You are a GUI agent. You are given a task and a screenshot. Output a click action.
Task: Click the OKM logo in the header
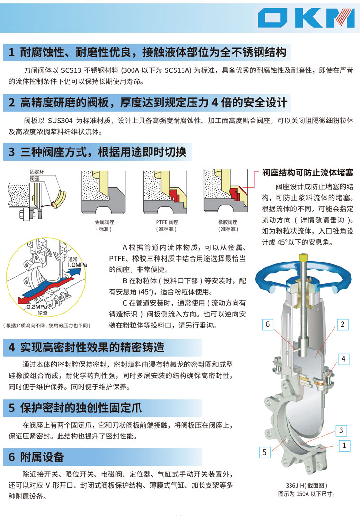coord(307,18)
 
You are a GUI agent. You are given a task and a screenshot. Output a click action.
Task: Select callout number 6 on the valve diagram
coord(268,324)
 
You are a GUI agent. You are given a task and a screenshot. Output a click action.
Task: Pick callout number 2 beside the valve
coord(342,324)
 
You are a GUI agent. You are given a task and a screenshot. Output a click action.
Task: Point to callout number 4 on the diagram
coord(343,359)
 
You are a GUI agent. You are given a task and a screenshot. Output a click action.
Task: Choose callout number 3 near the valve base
coord(341,430)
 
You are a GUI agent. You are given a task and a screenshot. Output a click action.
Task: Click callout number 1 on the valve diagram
coord(344,446)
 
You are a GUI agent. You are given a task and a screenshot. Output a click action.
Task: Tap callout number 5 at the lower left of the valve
coord(264,452)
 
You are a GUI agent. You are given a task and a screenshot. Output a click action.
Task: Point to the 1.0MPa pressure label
coord(77,265)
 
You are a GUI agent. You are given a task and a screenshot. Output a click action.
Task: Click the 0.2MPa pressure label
coord(37,306)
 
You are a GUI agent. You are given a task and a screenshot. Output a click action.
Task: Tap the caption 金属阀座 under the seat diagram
coord(105,222)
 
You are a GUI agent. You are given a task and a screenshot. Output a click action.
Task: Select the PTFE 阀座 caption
coord(167,222)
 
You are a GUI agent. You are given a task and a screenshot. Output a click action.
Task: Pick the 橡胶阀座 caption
coord(228,222)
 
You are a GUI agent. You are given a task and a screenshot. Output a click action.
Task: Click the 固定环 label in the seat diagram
coord(37,172)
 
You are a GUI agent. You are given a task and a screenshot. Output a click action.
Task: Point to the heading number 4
coord(12,348)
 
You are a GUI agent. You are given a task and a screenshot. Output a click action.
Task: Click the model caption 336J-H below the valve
coord(307,485)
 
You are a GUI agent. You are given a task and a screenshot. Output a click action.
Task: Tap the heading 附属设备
coord(42,457)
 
